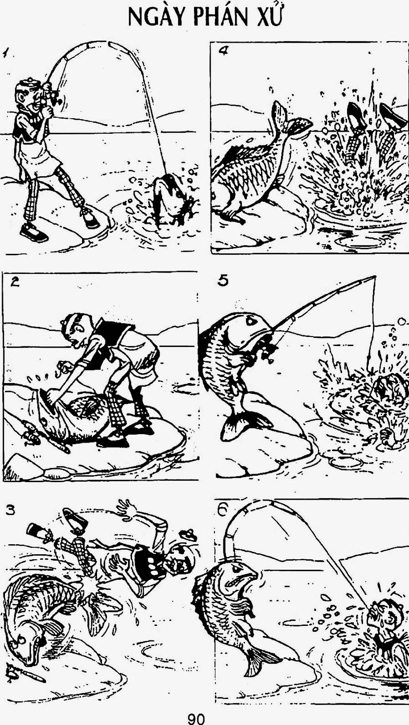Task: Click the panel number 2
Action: [x=14, y=282]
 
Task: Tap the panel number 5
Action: [x=223, y=280]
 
